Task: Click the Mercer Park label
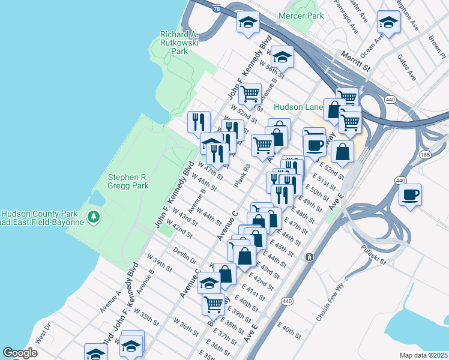[x=301, y=16]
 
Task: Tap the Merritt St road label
[x=354, y=62]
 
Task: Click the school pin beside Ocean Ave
[x=388, y=23]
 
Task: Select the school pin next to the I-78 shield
[x=248, y=23]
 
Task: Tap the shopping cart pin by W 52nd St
[x=250, y=94]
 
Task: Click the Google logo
[x=20, y=353]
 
